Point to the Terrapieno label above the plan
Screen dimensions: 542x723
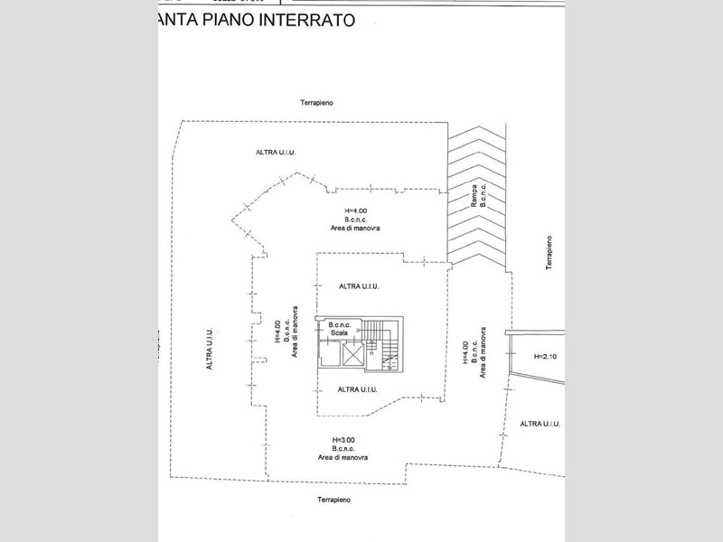point(317,104)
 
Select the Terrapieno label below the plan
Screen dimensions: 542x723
point(327,500)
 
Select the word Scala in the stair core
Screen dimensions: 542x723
point(339,332)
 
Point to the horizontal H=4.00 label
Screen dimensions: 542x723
point(342,209)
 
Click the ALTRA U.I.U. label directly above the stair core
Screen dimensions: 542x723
point(359,286)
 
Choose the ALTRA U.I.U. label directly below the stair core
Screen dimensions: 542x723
point(356,389)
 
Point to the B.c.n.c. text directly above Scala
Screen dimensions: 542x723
point(340,323)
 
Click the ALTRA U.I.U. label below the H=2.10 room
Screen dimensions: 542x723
point(541,424)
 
